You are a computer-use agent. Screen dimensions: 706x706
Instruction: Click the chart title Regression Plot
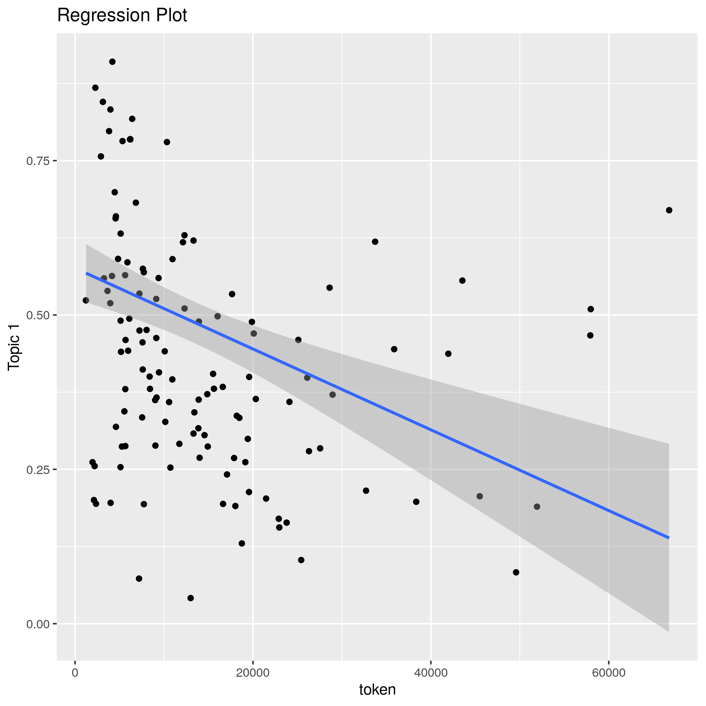(122, 16)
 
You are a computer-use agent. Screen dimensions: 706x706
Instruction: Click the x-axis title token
(378, 689)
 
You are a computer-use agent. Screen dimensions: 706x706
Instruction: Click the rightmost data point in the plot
(669, 210)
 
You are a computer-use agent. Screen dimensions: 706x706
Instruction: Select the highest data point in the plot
(113, 62)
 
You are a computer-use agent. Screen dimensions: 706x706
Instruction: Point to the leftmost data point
(86, 300)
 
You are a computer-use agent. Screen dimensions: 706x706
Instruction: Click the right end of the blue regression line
(669, 538)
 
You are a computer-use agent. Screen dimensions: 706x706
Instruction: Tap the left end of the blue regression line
(86, 273)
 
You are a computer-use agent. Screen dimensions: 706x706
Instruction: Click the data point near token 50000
(516, 572)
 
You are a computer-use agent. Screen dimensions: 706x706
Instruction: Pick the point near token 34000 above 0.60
(375, 241)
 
